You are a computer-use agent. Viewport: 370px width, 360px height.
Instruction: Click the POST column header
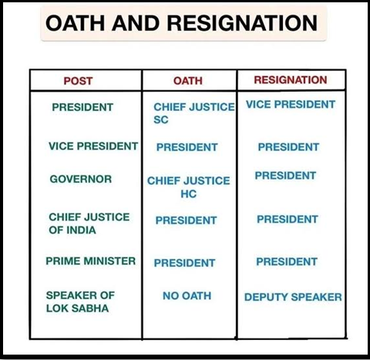[x=78, y=81]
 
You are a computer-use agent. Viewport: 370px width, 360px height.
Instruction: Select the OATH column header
[x=188, y=81]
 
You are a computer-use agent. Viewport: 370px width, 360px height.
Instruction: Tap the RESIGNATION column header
[x=291, y=80]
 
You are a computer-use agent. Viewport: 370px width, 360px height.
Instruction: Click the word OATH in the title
[x=76, y=23]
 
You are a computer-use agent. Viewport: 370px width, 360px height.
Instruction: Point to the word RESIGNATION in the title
[x=242, y=23]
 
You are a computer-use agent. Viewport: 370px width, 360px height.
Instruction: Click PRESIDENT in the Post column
[x=82, y=107]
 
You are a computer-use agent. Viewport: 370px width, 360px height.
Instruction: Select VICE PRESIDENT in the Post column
[x=93, y=146]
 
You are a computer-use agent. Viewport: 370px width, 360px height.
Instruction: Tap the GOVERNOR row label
[x=81, y=179]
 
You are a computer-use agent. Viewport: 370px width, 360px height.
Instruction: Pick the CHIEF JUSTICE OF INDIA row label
[x=89, y=224]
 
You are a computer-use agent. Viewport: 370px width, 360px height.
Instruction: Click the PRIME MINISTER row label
[x=91, y=261]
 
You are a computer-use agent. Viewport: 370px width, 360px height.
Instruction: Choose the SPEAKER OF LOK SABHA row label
[x=80, y=302]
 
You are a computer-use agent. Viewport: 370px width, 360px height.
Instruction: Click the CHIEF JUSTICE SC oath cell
[x=194, y=113]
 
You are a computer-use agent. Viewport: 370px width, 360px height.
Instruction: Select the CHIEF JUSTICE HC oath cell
[x=188, y=187]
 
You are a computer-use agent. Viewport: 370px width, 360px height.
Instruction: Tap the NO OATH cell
[x=187, y=296]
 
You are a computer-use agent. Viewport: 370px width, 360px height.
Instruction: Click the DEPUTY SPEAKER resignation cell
[x=293, y=297]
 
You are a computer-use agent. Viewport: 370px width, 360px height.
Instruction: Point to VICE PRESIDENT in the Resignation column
[x=291, y=104]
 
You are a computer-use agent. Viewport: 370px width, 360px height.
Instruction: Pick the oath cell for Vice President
[x=187, y=147]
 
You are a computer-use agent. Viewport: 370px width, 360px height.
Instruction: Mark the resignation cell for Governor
[x=285, y=176]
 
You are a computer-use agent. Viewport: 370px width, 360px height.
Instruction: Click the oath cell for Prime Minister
[x=184, y=263]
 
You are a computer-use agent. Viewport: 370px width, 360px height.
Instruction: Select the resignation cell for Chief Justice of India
[x=288, y=220]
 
